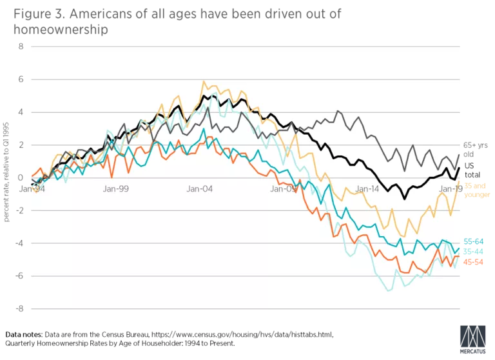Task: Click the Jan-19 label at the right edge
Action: tap(450, 188)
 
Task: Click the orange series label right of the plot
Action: tap(474, 262)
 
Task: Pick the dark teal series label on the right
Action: tap(474, 242)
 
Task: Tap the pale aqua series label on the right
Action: tap(474, 252)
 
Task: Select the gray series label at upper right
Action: tap(474, 148)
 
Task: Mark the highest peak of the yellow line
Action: tap(204, 81)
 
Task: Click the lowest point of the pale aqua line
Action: tap(389, 291)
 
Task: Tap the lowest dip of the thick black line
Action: tap(405, 199)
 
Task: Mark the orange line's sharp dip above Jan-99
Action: tap(112, 177)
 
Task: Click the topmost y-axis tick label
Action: tap(20, 46)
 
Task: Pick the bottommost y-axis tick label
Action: tap(20, 309)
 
